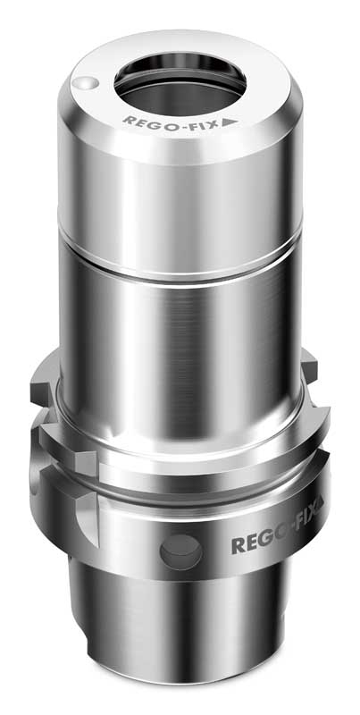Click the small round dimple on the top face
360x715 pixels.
coord(83,83)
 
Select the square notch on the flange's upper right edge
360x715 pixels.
coord(308,366)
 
